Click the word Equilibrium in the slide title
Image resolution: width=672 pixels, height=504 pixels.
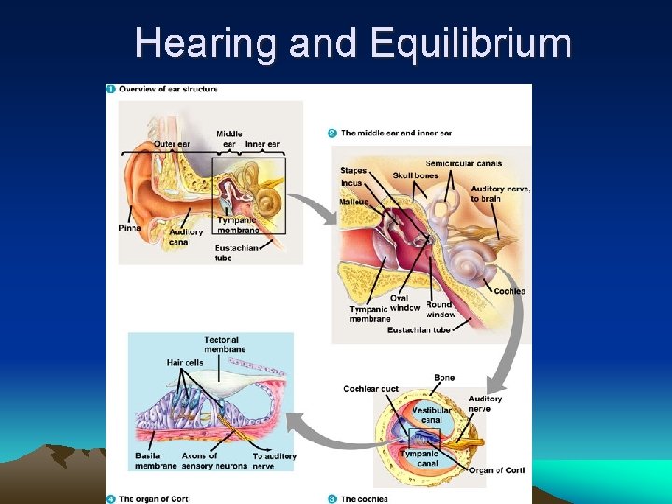click(470, 43)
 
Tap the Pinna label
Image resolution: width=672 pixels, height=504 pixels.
click(131, 228)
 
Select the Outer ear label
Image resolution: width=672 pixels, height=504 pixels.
click(172, 144)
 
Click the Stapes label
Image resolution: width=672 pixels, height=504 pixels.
click(354, 171)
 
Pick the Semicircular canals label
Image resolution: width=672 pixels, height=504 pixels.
click(464, 163)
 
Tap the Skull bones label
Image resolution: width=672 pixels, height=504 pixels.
click(415, 175)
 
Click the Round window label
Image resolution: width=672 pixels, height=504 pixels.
click(441, 310)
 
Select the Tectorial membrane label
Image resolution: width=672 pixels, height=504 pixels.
click(225, 344)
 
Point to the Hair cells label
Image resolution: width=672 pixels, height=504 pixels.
click(185, 362)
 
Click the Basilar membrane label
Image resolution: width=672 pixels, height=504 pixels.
click(156, 461)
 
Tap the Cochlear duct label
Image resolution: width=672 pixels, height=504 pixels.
click(371, 389)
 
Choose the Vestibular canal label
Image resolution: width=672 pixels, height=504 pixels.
click(431, 414)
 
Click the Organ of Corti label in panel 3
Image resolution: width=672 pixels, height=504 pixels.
click(497, 470)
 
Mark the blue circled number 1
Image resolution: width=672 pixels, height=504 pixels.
click(111, 89)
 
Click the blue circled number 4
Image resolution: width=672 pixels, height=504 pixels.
click(111, 498)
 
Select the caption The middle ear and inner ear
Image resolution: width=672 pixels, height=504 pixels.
click(396, 133)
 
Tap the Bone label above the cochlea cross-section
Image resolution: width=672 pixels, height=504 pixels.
click(444, 378)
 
